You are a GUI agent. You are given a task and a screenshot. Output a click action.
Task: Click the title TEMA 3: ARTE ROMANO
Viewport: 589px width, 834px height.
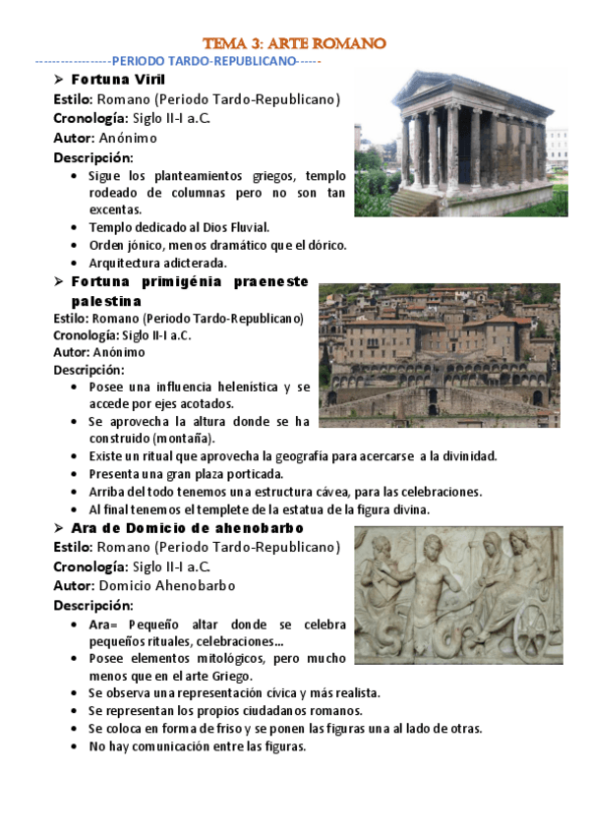(x=294, y=43)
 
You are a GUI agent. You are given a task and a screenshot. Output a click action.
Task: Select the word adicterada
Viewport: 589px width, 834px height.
(x=195, y=263)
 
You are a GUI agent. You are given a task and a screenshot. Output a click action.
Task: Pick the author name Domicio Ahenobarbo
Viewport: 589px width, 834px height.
(x=167, y=585)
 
